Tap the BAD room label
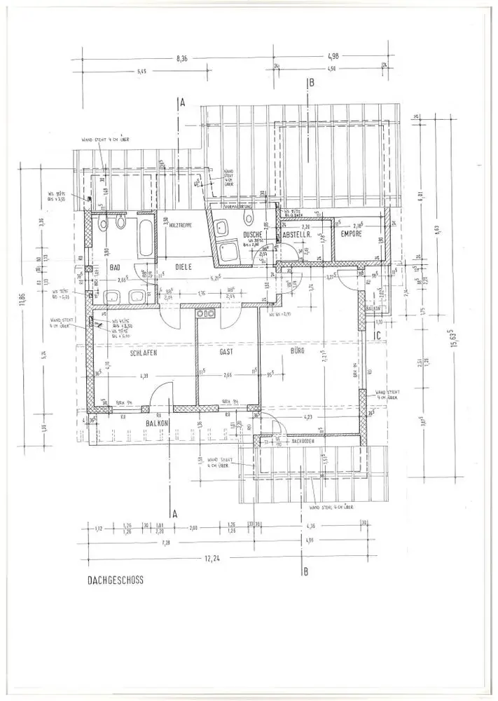pyautogui.click(x=116, y=267)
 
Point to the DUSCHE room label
pyautogui.click(x=252, y=235)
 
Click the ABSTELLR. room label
pyautogui.click(x=296, y=236)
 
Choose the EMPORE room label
pyautogui.click(x=350, y=234)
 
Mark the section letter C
pyautogui.click(x=378, y=336)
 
